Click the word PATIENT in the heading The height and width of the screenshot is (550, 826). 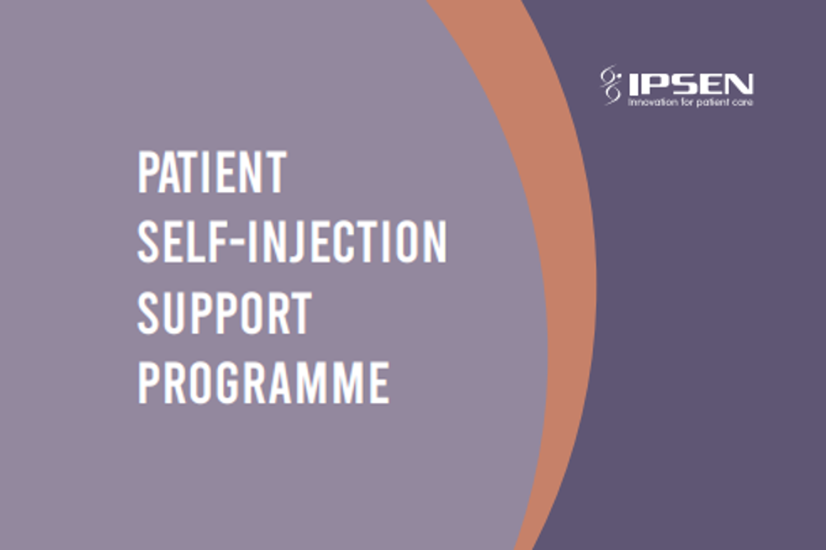(212, 172)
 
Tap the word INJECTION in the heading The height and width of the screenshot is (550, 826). (347, 242)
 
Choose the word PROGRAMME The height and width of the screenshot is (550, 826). (264, 383)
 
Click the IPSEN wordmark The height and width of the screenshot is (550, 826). (690, 84)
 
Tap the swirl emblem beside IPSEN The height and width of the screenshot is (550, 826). (611, 85)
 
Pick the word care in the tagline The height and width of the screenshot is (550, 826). (743, 103)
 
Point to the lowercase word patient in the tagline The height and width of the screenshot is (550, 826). (714, 103)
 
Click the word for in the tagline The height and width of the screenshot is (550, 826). (690, 103)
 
